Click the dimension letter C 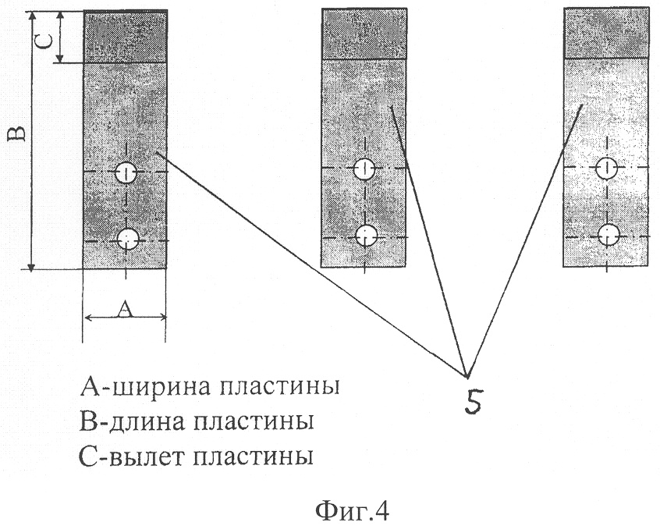48,41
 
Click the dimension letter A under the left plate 125,310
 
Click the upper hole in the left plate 126,172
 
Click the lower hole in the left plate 127,239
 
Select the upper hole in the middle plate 364,169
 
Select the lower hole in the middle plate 366,236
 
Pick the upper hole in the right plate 606,168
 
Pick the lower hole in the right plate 609,235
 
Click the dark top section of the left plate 126,37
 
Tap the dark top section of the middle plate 364,34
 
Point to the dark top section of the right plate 606,33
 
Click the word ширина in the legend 162,386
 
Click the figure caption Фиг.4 353,511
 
